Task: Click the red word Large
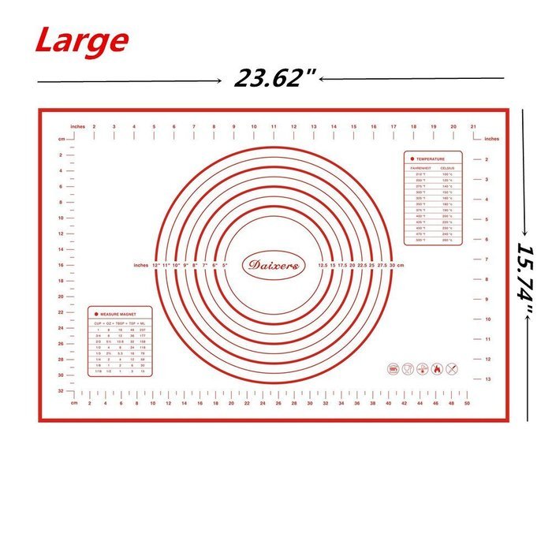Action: pos(81,40)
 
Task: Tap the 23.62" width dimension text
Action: pos(269,78)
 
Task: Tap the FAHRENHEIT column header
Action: pos(420,168)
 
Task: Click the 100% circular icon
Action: pos(393,368)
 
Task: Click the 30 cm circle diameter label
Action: pos(397,266)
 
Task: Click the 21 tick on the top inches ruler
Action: pos(472,126)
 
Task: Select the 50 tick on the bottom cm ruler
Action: pos(468,403)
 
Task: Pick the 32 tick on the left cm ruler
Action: pos(62,391)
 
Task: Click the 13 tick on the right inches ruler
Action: pos(488,379)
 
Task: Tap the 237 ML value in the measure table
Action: pos(142,330)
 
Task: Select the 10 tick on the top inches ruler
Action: pos(253,126)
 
